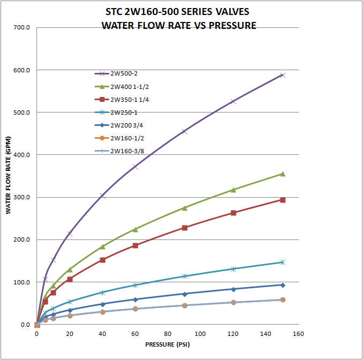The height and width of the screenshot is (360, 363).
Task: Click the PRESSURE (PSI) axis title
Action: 167,344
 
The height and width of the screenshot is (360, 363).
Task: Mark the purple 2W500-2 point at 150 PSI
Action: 283,75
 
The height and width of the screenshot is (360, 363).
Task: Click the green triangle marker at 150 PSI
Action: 283,174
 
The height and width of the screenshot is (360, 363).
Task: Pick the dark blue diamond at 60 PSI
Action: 135,299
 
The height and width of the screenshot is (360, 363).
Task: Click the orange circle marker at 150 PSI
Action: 283,299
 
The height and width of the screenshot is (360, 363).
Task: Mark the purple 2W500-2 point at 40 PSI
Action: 102,196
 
